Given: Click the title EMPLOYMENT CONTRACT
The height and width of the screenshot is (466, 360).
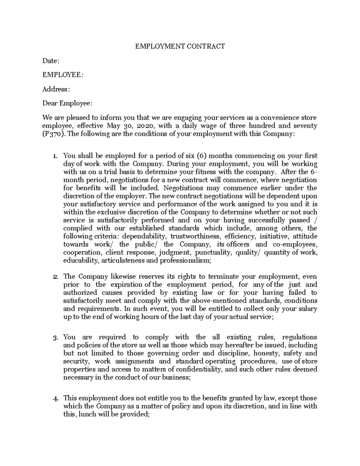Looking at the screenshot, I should pyautogui.click(x=180, y=46).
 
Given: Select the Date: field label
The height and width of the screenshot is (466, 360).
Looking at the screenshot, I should pyautogui.click(x=51, y=61).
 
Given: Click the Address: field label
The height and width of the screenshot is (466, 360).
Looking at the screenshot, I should pyautogui.click(x=56, y=89).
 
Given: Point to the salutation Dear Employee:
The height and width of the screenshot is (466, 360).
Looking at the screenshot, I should pyautogui.click(x=67, y=103).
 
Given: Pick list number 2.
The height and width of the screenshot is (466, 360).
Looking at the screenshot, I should pyautogui.click(x=55, y=277).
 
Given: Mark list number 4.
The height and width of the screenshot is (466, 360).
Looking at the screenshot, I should pyautogui.click(x=55, y=399).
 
